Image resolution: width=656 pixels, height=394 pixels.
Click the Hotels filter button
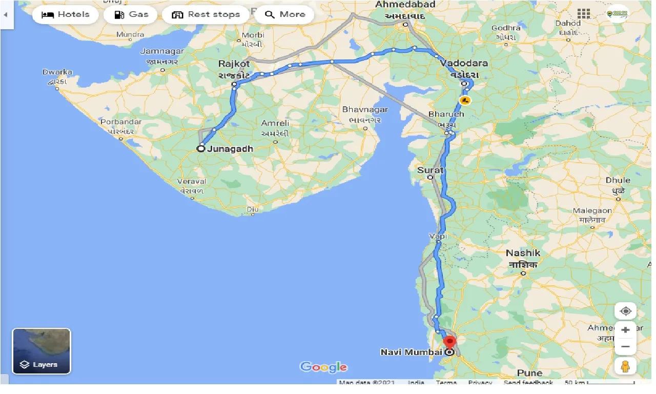tap(65, 15)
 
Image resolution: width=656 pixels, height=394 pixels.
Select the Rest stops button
tap(206, 15)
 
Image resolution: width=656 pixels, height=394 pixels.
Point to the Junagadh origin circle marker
tap(201, 149)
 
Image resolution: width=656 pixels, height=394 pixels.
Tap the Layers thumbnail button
tap(42, 351)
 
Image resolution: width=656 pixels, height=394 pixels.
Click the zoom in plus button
tap(625, 330)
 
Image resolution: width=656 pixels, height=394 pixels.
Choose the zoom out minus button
tap(625, 347)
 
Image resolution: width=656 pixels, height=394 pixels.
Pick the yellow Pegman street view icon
tap(625, 366)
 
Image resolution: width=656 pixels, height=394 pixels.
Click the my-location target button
tap(625, 311)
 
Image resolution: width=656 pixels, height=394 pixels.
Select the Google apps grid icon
tap(583, 14)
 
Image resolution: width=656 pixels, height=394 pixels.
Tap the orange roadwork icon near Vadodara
tap(465, 100)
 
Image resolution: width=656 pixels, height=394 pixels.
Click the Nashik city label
tap(523, 253)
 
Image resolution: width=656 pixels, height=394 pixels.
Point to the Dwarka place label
tap(57, 72)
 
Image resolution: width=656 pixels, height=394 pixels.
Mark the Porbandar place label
tap(120, 122)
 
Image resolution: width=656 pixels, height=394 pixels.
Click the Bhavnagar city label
tap(365, 110)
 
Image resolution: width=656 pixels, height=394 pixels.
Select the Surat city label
tap(430, 170)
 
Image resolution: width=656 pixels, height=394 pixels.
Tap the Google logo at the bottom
tap(323, 367)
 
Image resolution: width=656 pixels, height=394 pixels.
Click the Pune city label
tap(529, 373)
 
